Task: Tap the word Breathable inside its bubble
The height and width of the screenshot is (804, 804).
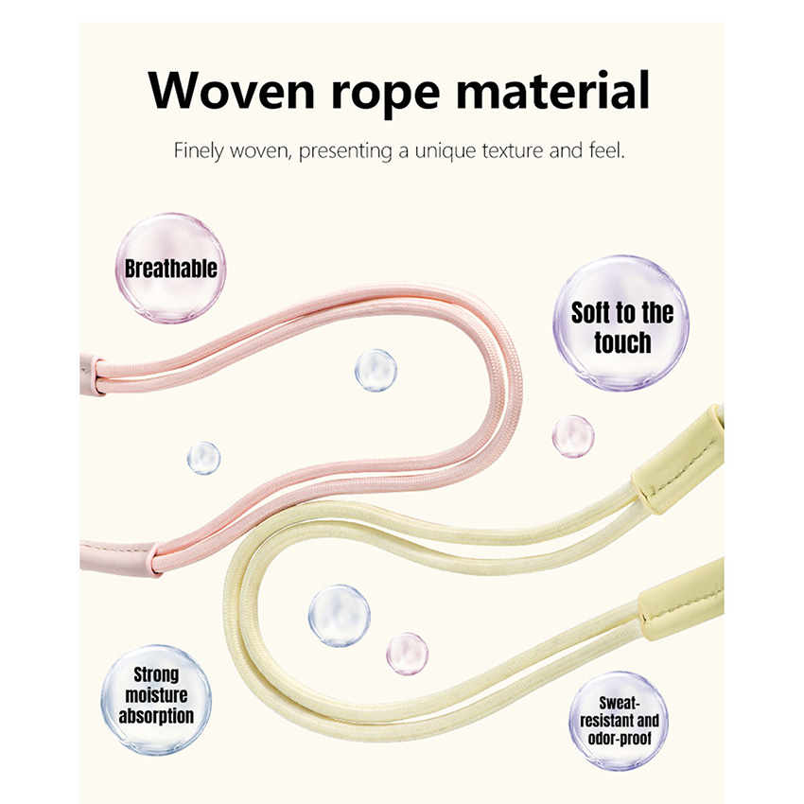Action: [171, 269]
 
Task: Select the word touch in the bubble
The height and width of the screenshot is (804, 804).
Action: [622, 342]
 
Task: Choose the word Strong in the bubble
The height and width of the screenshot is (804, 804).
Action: [156, 675]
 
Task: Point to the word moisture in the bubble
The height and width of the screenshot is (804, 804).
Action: [156, 696]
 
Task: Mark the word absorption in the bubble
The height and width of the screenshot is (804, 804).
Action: [156, 716]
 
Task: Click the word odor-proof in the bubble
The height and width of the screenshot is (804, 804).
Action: [619, 738]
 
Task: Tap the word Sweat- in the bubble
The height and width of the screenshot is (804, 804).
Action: [620, 703]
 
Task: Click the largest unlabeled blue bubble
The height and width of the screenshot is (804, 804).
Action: [339, 616]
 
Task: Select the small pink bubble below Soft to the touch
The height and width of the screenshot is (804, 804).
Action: [573, 436]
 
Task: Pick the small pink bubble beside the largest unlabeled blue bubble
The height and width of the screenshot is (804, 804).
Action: [407, 654]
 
